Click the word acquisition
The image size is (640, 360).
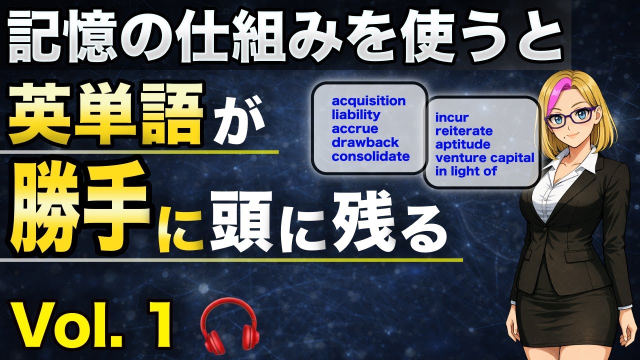click(x=369, y=101)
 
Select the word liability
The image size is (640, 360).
click(x=356, y=115)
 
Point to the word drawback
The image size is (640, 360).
click(x=365, y=142)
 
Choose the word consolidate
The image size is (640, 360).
click(x=370, y=156)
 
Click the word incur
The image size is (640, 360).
click(x=452, y=118)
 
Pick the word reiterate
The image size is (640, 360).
click(x=464, y=131)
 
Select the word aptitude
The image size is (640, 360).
click(x=462, y=145)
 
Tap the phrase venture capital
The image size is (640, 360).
click(x=484, y=158)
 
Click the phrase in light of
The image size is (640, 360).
click(x=466, y=172)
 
